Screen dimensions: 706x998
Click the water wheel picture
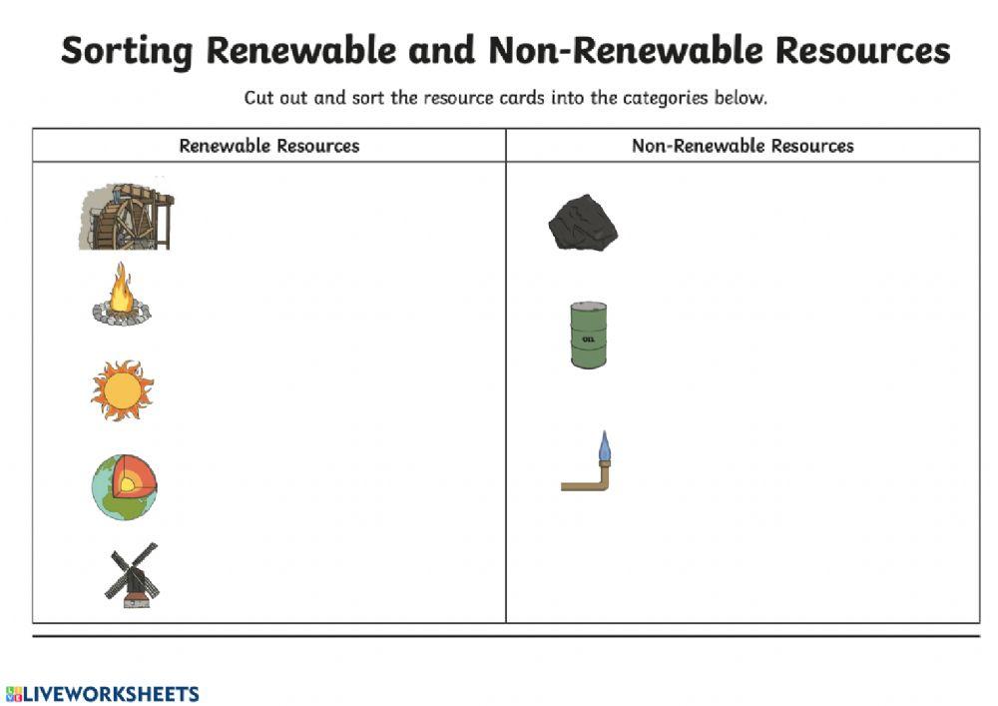click(x=127, y=216)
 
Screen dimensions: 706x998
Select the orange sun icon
click(x=122, y=389)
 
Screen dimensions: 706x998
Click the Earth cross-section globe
click(x=125, y=487)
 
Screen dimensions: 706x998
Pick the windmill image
click(x=133, y=576)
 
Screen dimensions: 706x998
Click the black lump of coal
click(x=583, y=223)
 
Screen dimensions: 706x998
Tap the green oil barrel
click(x=588, y=335)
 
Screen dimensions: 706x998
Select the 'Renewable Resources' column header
click(x=268, y=146)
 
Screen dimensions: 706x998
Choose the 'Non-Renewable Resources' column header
click(x=743, y=146)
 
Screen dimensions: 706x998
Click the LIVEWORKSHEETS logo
click(x=103, y=694)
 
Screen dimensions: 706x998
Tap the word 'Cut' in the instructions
click(x=259, y=98)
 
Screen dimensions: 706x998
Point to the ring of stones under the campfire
click(x=122, y=318)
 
